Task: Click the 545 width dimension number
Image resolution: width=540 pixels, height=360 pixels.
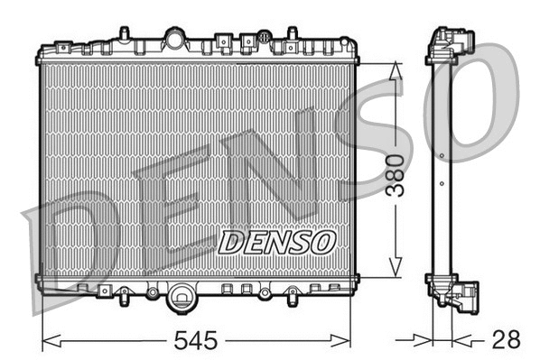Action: (197, 341)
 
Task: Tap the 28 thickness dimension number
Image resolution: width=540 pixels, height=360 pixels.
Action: (507, 341)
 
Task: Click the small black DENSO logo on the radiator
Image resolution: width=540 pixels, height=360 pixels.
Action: (277, 242)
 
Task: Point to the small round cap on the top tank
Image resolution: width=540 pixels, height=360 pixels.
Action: (264, 38)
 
